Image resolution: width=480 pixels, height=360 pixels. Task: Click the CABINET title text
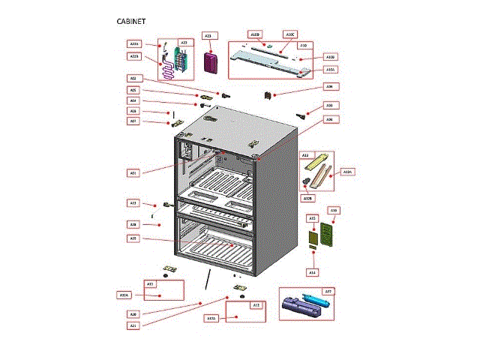click(x=134, y=22)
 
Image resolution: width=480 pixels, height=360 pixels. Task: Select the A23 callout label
click(x=208, y=35)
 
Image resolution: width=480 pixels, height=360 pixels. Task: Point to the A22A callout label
click(x=134, y=45)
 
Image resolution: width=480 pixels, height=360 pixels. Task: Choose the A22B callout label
click(x=134, y=56)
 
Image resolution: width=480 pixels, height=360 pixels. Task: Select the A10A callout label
click(x=331, y=69)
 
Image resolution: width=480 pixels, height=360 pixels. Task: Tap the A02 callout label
click(x=133, y=79)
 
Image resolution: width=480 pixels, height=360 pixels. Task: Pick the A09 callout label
click(x=328, y=86)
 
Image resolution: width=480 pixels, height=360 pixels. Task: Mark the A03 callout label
click(x=328, y=105)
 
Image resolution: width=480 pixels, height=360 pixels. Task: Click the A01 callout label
click(x=133, y=173)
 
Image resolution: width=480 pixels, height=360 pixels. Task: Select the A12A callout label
click(x=347, y=172)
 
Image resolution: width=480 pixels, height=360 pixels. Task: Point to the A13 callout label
click(x=133, y=203)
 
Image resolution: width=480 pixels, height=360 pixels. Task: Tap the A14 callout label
click(x=313, y=272)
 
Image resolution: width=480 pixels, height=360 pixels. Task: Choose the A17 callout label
click(x=328, y=291)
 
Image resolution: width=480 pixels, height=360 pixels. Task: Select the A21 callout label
click(x=133, y=325)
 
